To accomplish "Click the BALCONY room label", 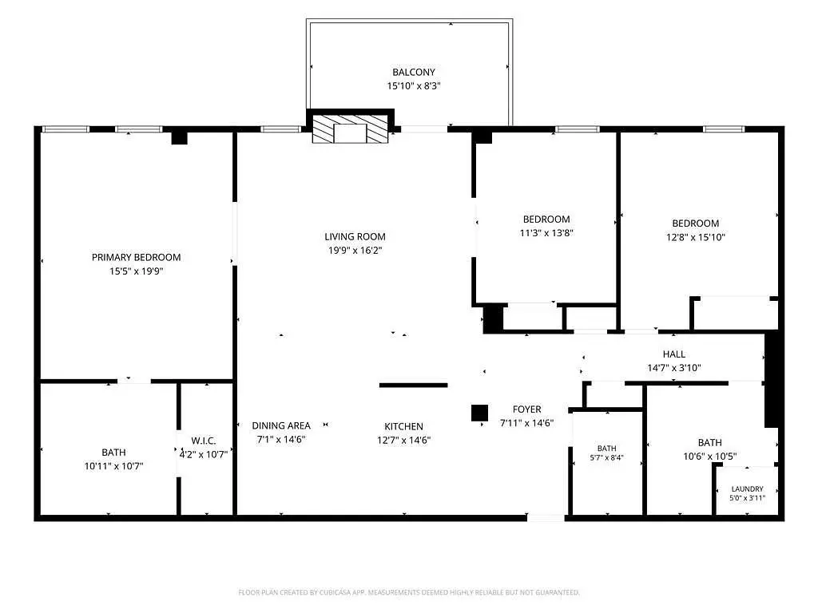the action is [413, 72].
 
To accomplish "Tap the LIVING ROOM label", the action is [355, 236].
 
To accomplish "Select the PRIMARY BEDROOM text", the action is [136, 257].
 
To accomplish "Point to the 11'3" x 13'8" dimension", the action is [546, 233].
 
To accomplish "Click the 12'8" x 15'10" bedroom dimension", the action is [696, 237].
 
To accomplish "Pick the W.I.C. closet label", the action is [204, 441].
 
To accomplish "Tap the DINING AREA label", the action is [281, 425].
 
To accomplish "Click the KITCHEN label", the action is [403, 426].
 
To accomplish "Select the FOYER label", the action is [527, 409].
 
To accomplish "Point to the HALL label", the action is [674, 354].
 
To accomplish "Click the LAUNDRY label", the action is [747, 489].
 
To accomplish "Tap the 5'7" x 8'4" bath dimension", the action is [607, 457].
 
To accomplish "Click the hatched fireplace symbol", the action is [350, 129].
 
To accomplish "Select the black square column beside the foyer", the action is [479, 413].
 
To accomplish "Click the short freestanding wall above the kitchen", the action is [413, 386].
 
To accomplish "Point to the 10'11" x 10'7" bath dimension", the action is [113, 466].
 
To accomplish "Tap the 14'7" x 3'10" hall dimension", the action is [674, 367].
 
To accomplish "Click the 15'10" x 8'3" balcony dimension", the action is [414, 86].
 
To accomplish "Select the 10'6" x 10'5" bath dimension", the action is [710, 457].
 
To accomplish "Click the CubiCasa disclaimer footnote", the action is [409, 592].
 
